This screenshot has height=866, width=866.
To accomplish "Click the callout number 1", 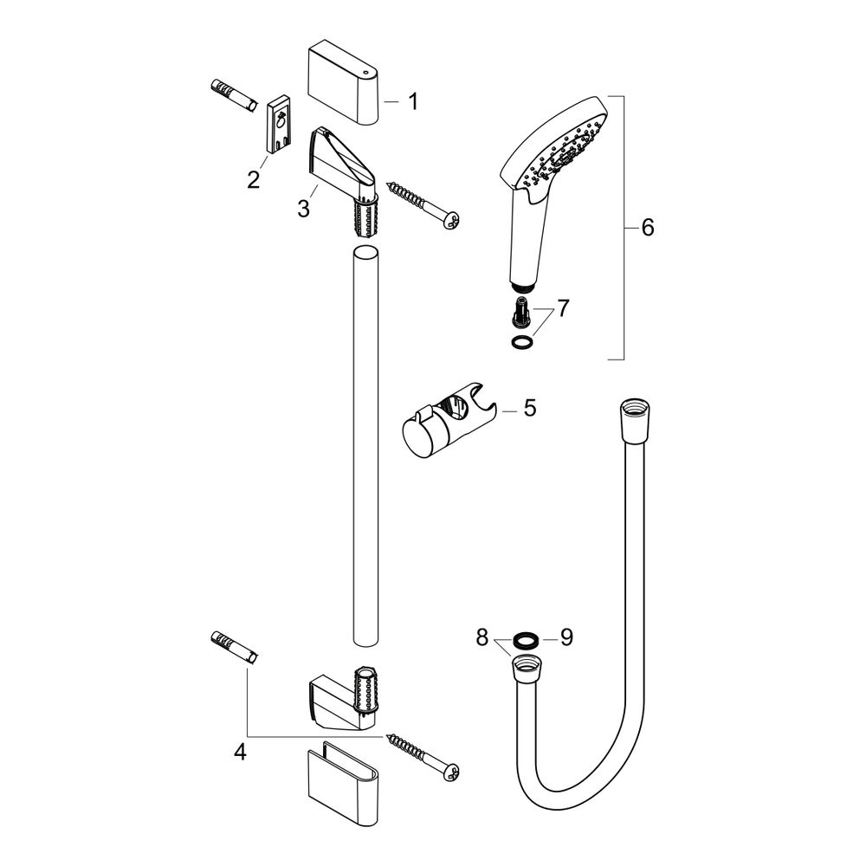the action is click(x=412, y=101).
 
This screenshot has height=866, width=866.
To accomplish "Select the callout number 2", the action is click(x=254, y=179).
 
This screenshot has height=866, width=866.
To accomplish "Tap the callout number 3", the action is click(x=303, y=209).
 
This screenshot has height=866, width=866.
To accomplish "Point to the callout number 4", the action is click(x=240, y=751).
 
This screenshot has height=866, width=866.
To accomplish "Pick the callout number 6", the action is click(x=648, y=227).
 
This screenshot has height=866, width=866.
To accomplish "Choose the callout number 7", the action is click(x=563, y=308).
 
